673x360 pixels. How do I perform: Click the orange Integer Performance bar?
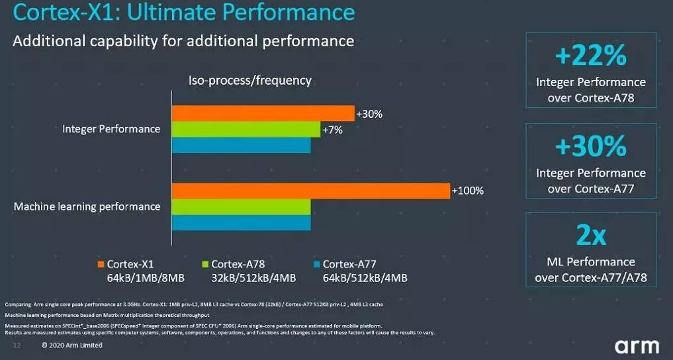coord(263,113)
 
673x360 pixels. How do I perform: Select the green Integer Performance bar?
coord(246,129)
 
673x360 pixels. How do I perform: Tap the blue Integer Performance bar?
coord(242,145)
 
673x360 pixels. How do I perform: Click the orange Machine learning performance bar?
coord(311,191)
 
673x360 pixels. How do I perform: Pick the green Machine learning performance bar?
coord(242,206)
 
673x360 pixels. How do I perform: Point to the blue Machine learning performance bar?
coord(242,222)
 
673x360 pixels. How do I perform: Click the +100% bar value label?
coord(467,191)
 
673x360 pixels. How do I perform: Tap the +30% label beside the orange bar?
coord(369,114)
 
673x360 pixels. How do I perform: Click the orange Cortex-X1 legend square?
coord(101,263)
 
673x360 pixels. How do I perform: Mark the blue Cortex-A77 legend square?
coord(316,263)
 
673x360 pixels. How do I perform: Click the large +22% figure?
coord(591,57)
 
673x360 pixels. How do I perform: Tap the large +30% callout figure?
coord(591,147)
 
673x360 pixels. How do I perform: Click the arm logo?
coord(637,345)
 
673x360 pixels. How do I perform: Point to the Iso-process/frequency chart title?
coord(250,81)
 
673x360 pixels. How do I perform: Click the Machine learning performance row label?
coord(87,206)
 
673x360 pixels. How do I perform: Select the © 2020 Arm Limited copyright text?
coord(71,345)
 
